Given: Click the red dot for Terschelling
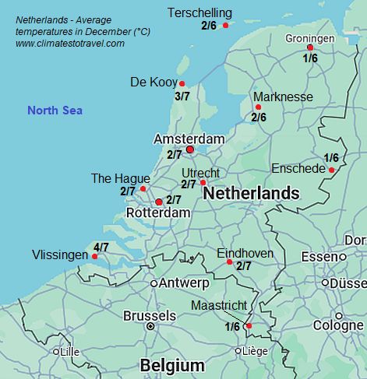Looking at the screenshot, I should tap(226, 26).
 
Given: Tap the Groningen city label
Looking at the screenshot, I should tap(309, 38).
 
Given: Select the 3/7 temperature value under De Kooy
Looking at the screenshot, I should tap(182, 97).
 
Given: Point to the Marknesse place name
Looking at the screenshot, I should tap(283, 97).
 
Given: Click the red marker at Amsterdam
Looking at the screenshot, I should tap(190, 149).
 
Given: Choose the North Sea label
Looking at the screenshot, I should tap(55, 111).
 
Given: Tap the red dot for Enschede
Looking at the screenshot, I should tap(332, 170).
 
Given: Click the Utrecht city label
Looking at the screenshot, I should tap(200, 173).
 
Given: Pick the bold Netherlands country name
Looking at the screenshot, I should tap(251, 193).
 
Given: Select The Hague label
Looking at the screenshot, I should tap(121, 178).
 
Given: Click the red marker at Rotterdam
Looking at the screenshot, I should tap(159, 202).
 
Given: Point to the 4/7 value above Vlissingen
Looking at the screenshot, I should tap(101, 247).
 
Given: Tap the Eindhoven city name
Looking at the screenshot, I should tap(245, 254).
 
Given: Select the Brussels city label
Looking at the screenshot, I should tap(150, 316).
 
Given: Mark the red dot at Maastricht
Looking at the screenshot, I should tap(249, 326).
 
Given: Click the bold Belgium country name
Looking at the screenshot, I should tap(171, 366).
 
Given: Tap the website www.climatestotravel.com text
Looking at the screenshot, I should tap(70, 44).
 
